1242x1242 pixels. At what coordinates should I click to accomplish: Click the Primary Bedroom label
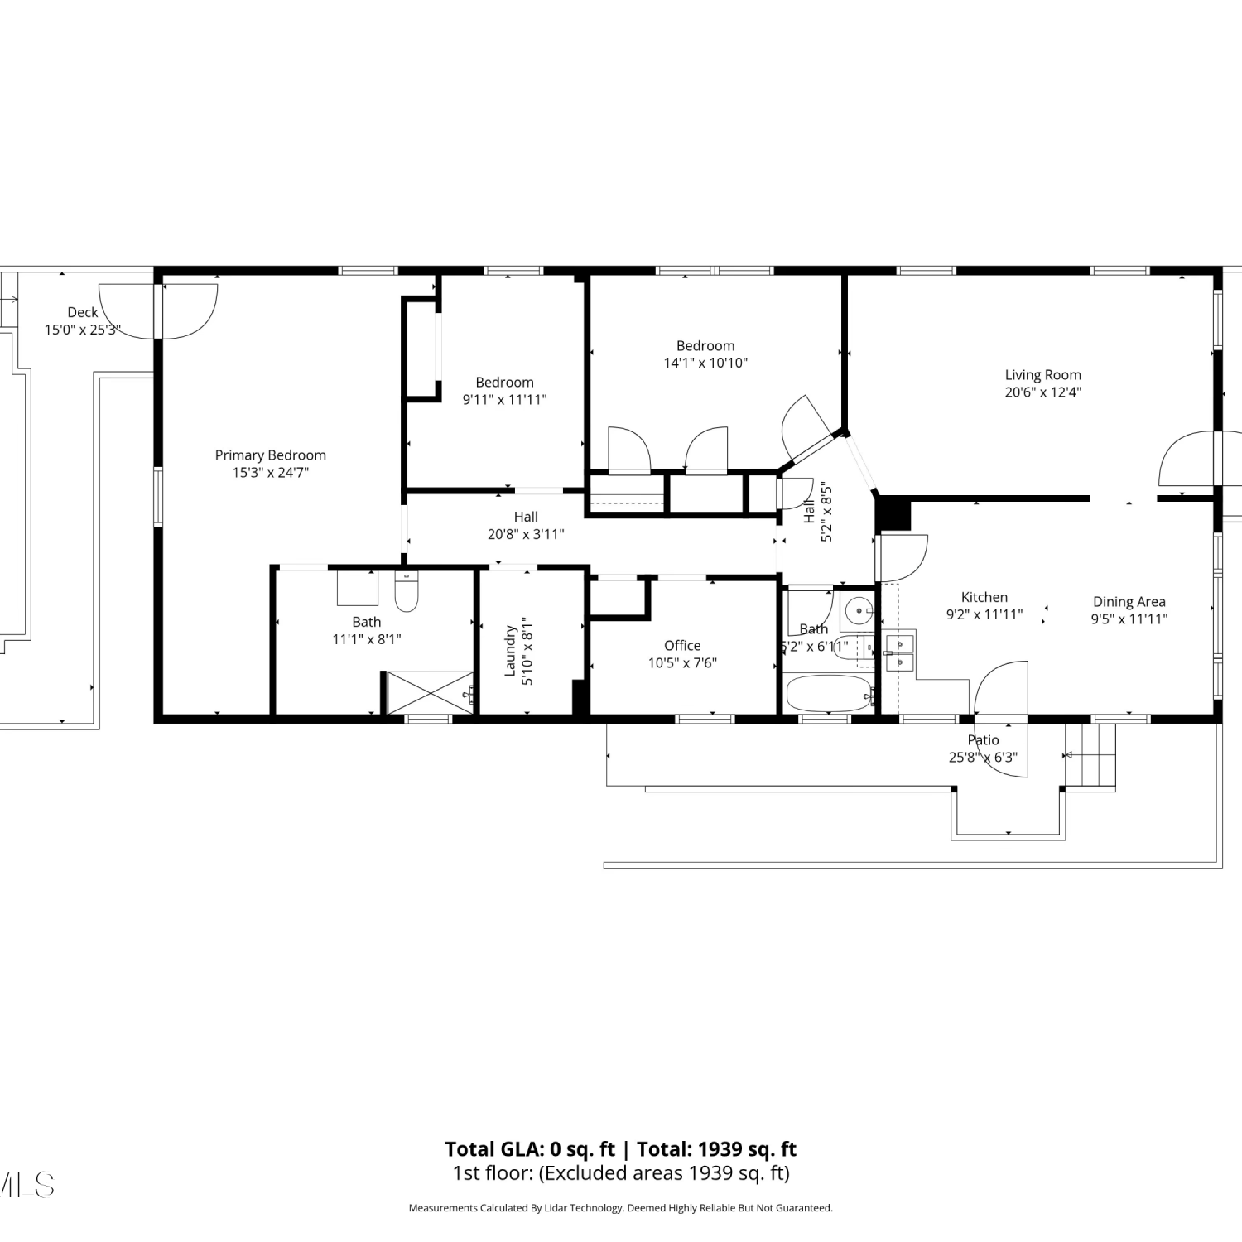pos(270,455)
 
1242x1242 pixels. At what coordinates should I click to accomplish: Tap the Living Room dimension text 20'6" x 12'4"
pos(1042,392)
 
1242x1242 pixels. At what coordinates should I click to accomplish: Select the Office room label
pos(682,645)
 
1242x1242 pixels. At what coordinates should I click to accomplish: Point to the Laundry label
pos(510,651)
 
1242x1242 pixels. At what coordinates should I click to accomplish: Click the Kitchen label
pos(984,597)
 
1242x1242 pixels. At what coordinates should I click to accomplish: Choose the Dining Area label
pos(1129,602)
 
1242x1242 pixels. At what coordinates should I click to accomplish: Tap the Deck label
pos(83,312)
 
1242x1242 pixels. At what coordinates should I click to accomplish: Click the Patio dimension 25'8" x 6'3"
pos(983,757)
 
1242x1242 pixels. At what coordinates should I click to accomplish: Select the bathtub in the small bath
pos(830,694)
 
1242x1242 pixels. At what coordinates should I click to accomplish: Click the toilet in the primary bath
pos(407,590)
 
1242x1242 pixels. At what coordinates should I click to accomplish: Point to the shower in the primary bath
pos(431,692)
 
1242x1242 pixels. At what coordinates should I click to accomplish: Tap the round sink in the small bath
pos(859,612)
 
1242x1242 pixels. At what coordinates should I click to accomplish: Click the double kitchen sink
pos(899,652)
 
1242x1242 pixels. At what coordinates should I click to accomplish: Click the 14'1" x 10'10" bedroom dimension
pos(705,363)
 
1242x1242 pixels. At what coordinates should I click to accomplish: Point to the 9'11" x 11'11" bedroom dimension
pos(504,399)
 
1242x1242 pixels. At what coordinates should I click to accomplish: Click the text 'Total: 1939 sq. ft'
pos(716,1149)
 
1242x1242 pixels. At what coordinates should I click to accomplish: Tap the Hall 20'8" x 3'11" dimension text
pos(526,534)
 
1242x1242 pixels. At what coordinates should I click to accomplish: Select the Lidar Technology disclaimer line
pos(621,1208)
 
